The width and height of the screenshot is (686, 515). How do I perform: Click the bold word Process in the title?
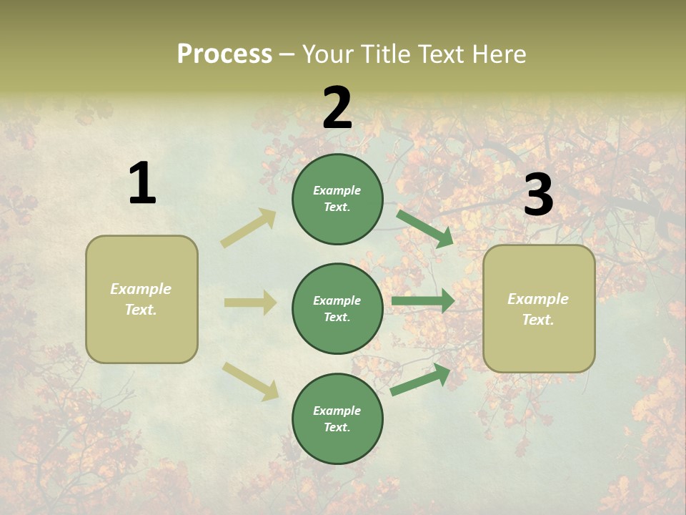(224, 54)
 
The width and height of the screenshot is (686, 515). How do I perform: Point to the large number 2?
(337, 108)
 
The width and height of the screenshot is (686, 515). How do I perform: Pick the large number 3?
(538, 195)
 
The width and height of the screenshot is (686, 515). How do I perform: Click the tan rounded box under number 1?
(141, 299)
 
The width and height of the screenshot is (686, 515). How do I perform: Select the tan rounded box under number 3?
(539, 309)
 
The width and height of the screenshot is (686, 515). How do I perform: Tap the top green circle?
(337, 199)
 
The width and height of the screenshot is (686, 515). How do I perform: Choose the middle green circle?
(337, 308)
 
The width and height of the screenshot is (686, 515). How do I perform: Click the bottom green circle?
(337, 418)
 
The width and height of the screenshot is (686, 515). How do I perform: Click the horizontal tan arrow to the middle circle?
(251, 303)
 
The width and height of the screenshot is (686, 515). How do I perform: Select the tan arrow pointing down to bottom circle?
(251, 381)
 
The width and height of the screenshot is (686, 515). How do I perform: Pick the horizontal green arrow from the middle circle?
(423, 301)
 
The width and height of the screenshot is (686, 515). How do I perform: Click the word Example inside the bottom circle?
(337, 411)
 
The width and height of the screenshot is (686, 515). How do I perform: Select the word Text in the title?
(441, 54)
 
